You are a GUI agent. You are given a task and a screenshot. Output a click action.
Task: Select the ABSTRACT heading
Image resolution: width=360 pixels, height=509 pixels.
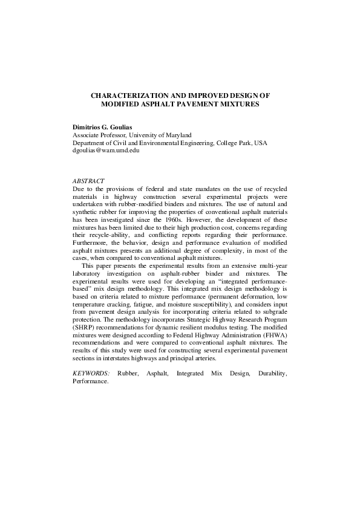click(88, 181)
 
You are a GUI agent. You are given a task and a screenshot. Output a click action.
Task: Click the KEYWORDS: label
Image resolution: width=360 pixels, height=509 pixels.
click(91, 374)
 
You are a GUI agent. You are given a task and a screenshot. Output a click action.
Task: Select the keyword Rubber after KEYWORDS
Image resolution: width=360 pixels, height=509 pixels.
click(128, 374)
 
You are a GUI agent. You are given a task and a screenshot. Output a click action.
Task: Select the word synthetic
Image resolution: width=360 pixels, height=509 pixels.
click(87, 204)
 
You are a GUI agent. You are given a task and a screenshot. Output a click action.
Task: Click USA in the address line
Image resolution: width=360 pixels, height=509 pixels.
click(260, 143)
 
